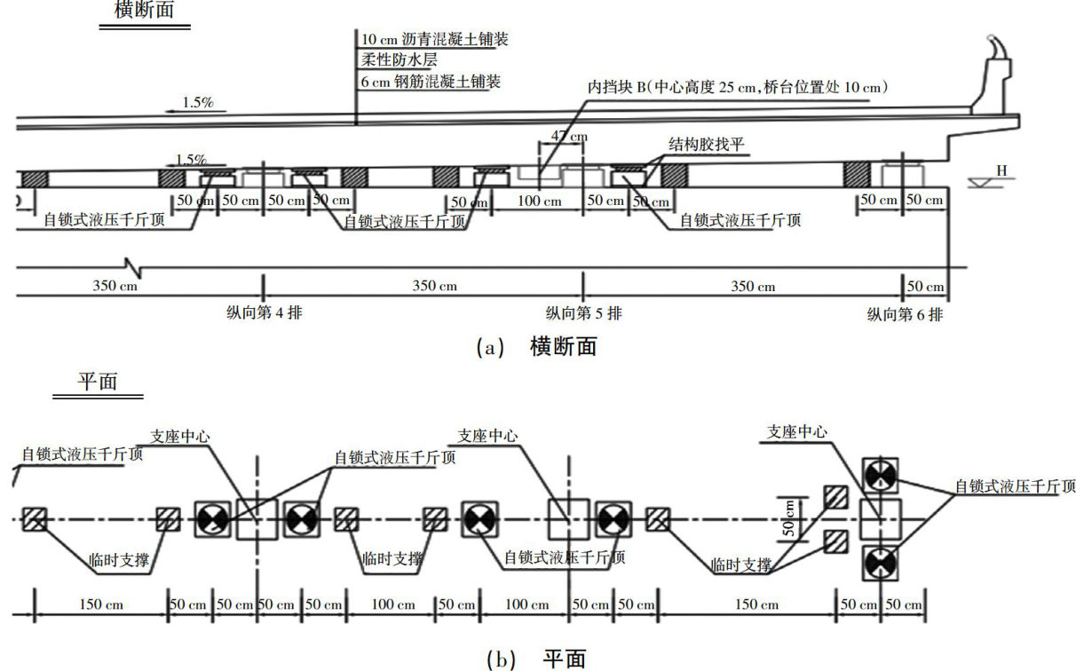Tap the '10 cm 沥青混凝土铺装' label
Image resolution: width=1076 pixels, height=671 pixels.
pyautogui.click(x=434, y=40)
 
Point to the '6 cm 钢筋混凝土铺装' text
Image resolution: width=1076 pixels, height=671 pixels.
pyautogui.click(x=431, y=82)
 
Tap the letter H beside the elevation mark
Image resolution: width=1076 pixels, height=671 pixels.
pyautogui.click(x=1001, y=170)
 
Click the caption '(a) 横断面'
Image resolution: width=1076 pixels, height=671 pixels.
pyautogui.click(x=537, y=347)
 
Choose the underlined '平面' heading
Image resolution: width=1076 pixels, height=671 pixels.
pyautogui.click(x=98, y=380)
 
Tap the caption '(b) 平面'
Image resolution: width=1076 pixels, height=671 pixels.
pyautogui.click(x=537, y=659)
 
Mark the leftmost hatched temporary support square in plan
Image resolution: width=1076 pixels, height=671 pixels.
pyautogui.click(x=36, y=519)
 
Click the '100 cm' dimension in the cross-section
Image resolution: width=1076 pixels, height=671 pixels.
pyautogui.click(x=540, y=201)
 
